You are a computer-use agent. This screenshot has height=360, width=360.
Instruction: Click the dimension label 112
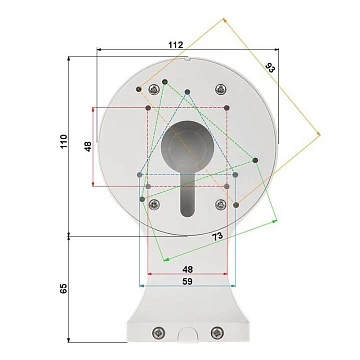pos(176,45)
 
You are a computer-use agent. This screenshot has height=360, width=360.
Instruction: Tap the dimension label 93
pos(270,68)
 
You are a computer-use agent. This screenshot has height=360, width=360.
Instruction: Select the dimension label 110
pos(64,142)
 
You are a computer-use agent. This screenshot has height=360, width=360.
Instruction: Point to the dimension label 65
pos(64,288)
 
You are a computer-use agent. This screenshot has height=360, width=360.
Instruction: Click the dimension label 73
pos(217,237)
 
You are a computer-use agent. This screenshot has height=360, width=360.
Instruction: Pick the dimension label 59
pos(187,281)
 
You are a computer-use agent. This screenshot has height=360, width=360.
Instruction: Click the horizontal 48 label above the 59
pos(187,269)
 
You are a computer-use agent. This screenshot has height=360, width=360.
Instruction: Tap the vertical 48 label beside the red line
pos(88,147)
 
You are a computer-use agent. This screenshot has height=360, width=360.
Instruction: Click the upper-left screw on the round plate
pos(154,89)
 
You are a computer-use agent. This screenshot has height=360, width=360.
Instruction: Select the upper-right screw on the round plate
pos(220,89)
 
